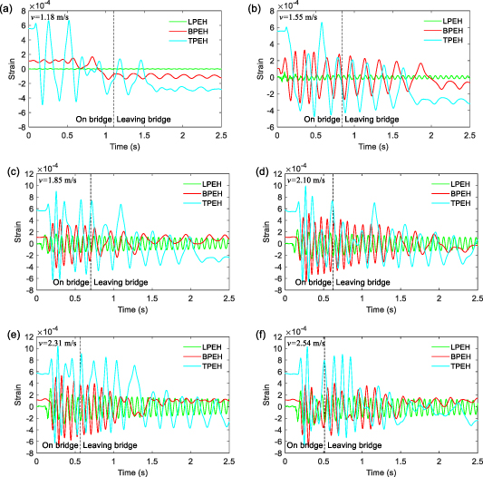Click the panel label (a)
tap(9, 6)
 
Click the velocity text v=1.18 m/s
tap(51, 17)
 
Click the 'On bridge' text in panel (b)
tap(323, 119)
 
